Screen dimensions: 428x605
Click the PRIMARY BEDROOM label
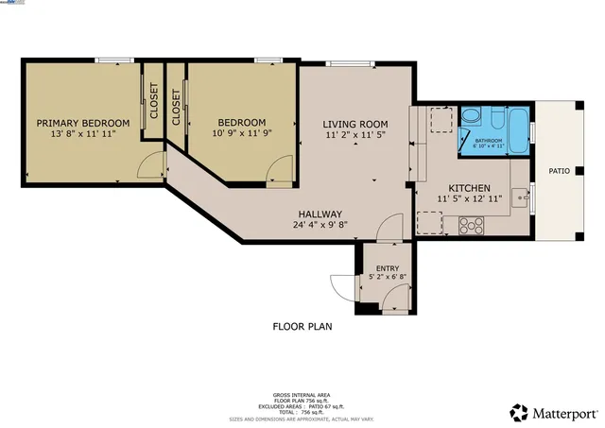pyautogui.click(x=82, y=123)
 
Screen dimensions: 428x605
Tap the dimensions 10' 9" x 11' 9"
pyautogui.click(x=241, y=135)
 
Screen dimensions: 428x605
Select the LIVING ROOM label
pyautogui.click(x=355, y=124)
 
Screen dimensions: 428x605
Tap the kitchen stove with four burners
pyautogui.click(x=471, y=225)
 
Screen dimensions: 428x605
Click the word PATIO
pyautogui.click(x=560, y=171)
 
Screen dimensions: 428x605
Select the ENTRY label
pyautogui.click(x=388, y=269)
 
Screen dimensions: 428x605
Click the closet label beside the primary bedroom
pyautogui.click(x=153, y=97)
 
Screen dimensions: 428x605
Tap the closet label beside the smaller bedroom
pyautogui.click(x=177, y=107)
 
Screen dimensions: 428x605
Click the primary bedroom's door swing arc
pyautogui.click(x=147, y=166)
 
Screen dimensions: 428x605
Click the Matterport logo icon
pyautogui.click(x=519, y=412)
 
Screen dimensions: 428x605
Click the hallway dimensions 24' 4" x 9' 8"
pyautogui.click(x=320, y=226)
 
